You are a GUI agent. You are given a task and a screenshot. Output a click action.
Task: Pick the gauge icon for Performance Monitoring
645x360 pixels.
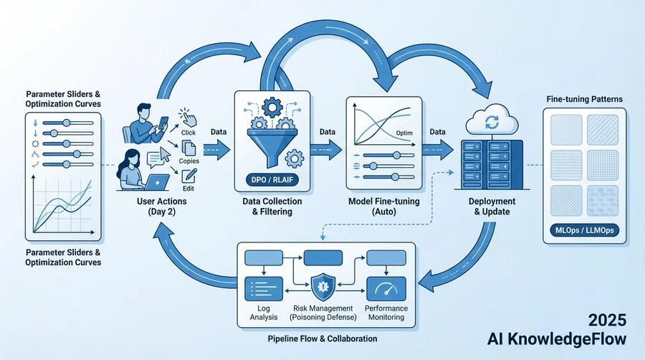pos(386,288)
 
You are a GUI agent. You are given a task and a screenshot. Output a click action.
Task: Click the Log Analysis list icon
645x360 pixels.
pos(262,288)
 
